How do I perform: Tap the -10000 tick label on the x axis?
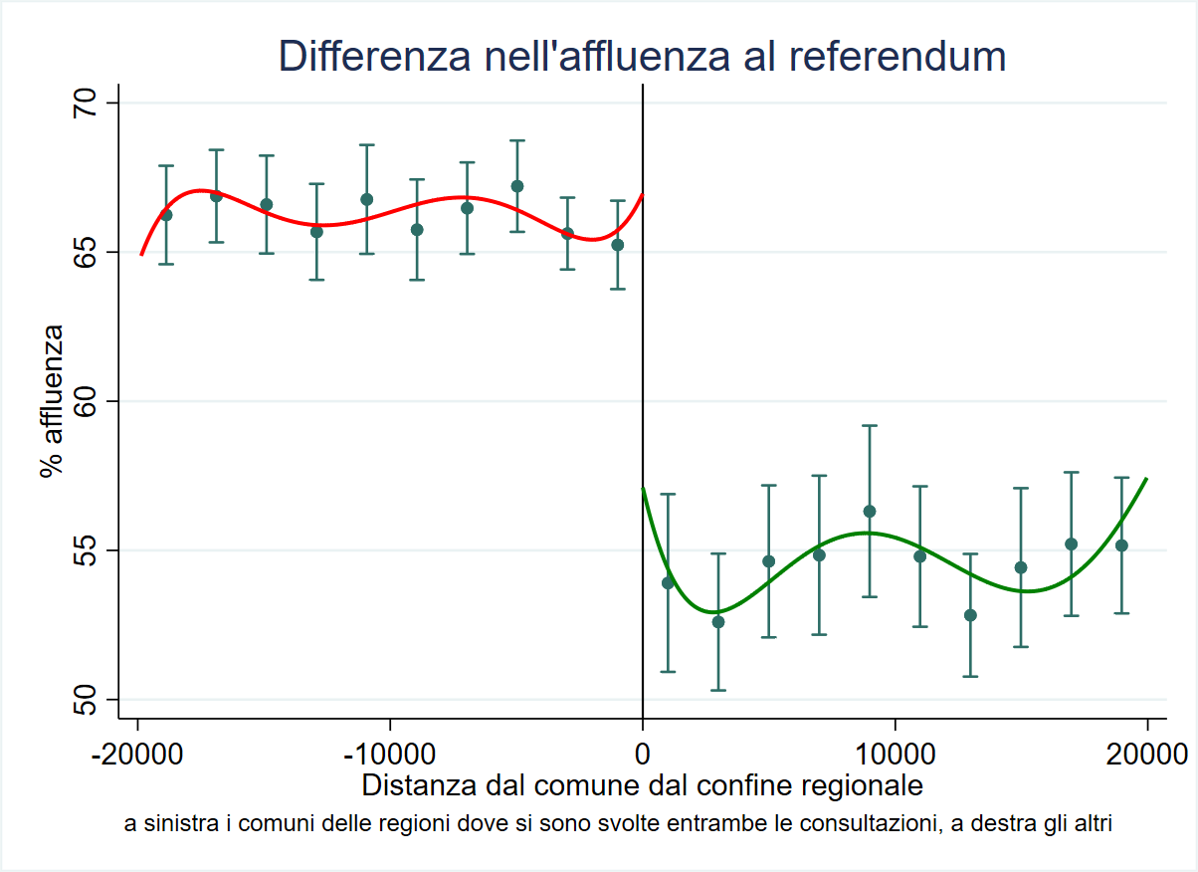point(390,753)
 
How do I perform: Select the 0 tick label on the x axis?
point(643,753)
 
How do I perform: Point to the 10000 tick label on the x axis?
point(896,753)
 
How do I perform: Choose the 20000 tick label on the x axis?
point(1147,753)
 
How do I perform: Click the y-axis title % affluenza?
point(52,401)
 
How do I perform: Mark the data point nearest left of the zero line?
point(618,245)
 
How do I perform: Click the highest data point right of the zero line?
point(870,512)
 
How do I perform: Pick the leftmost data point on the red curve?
point(166,215)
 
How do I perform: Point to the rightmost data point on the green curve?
point(1121,545)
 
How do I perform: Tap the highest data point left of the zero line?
point(517,186)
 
